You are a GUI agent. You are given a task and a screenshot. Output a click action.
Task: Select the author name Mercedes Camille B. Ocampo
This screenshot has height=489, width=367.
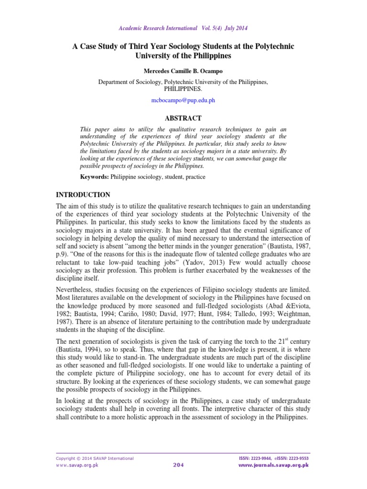(183, 71)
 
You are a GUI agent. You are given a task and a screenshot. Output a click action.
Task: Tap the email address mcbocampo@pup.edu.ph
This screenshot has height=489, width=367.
(183, 101)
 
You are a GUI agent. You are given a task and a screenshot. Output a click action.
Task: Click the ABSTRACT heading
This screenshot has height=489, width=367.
(183, 118)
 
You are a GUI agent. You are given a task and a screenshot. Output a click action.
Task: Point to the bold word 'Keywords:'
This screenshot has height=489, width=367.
(95, 177)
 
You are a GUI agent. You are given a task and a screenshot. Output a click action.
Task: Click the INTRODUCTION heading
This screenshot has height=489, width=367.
(83, 195)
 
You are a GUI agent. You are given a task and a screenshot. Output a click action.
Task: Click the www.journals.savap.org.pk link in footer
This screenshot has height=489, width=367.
(273, 465)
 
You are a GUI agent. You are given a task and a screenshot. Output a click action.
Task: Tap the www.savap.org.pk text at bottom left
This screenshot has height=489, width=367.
(77, 465)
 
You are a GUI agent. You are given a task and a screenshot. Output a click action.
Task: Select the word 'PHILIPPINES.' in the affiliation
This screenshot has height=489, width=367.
(183, 89)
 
